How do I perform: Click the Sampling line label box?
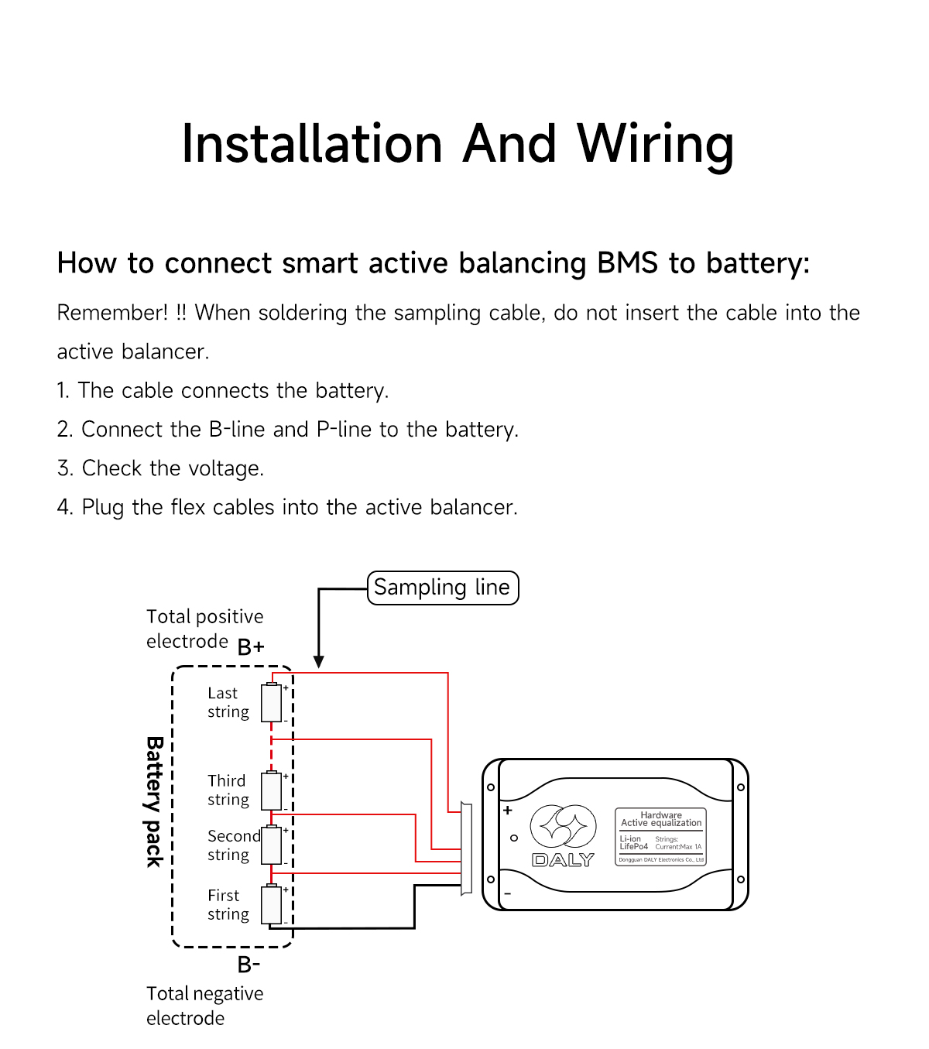442,588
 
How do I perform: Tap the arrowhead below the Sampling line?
318,661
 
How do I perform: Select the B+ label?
250,646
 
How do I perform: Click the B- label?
249,965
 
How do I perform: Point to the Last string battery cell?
271,703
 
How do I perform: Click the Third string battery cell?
271,790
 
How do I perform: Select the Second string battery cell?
271,845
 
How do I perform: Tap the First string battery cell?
271,904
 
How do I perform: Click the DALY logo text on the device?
563,860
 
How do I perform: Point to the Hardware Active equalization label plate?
660,837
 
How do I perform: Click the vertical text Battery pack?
155,801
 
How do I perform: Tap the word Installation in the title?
311,145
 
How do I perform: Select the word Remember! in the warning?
112,313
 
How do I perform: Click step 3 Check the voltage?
161,468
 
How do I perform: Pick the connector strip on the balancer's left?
466,848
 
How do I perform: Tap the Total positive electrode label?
204,629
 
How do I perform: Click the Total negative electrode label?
204,1006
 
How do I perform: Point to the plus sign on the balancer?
508,811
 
